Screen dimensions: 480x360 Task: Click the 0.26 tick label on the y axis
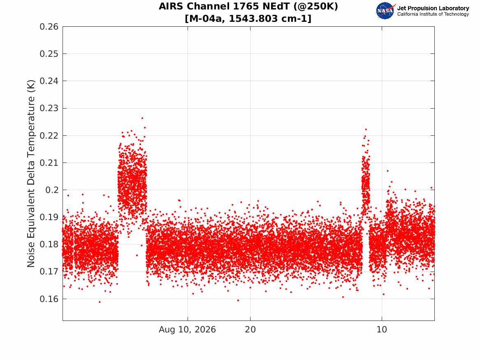49,27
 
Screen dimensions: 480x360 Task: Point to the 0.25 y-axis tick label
49,54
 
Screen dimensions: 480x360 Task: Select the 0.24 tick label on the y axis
49,81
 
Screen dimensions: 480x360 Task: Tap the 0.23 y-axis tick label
49,108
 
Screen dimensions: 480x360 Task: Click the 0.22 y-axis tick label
49,136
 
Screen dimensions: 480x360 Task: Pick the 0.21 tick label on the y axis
49,163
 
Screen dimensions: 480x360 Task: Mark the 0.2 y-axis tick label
52,190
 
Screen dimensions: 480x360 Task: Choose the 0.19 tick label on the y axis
49,217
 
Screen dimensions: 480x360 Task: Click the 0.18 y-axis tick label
49,244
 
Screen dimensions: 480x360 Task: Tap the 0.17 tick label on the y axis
49,272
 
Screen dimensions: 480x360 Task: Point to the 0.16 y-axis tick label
49,299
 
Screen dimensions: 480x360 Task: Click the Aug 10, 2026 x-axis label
187,330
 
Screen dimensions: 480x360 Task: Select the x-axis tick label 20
250,330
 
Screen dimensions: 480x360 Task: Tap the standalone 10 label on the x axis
382,330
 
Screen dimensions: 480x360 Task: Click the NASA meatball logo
385,11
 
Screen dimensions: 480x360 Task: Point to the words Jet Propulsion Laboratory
433,8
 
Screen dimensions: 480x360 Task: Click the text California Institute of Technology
433,14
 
